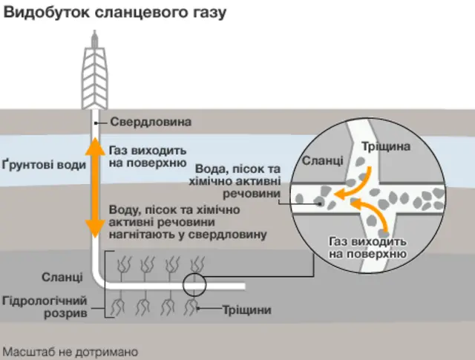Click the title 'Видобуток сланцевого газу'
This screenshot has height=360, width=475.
click(114, 13)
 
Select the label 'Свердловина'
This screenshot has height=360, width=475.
click(151, 122)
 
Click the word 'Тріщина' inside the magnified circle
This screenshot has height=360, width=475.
click(385, 147)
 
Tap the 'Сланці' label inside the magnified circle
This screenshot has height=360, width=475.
click(322, 160)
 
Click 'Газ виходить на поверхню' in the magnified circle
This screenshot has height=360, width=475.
click(367, 249)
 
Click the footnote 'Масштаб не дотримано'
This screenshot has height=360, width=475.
click(71, 350)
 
